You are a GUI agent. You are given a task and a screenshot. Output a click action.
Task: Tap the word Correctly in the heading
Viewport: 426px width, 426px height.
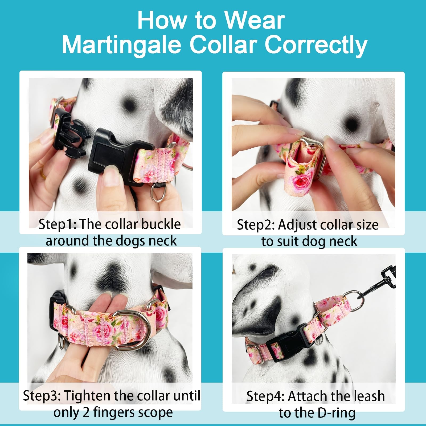(316, 45)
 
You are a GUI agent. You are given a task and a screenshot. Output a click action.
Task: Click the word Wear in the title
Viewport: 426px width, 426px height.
(255, 21)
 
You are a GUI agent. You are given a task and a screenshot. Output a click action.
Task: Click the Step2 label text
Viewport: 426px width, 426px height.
(255, 225)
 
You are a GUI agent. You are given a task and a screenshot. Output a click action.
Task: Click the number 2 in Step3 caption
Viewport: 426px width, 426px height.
(86, 413)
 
